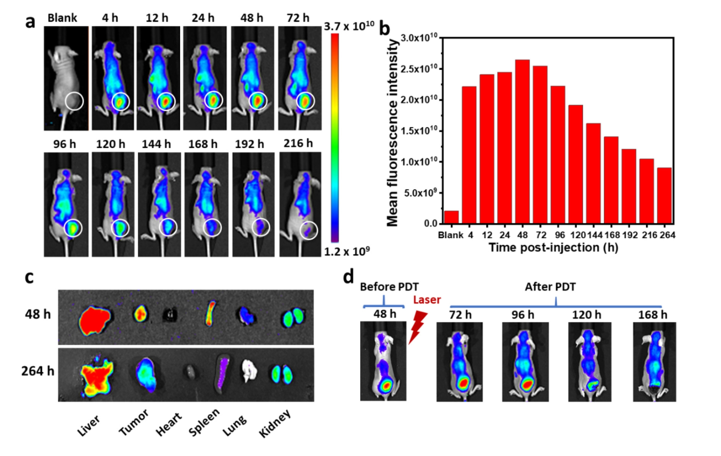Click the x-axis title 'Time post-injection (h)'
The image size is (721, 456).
tap(554, 247)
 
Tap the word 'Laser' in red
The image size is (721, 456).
tap(427, 300)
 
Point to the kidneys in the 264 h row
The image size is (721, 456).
tap(282, 374)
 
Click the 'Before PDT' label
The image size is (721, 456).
tap(389, 287)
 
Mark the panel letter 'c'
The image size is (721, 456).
tap(29, 278)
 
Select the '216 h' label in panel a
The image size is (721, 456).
tap(298, 143)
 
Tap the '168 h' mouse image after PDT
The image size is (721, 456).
tap(654, 361)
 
